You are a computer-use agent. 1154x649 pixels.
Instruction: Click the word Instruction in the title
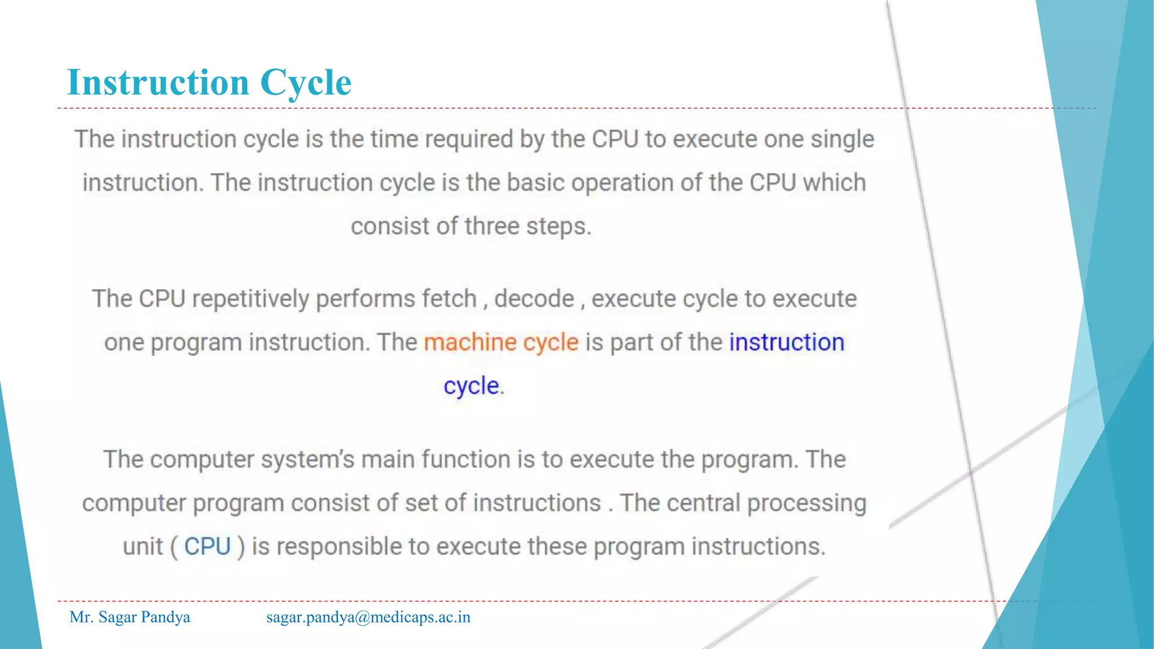pyautogui.click(x=158, y=82)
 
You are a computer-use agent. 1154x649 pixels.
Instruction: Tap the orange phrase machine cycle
pyautogui.click(x=501, y=343)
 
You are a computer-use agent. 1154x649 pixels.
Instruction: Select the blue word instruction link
pyautogui.click(x=786, y=343)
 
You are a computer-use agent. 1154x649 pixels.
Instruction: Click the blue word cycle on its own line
pyautogui.click(x=471, y=386)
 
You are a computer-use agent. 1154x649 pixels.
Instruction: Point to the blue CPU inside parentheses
pyautogui.click(x=207, y=546)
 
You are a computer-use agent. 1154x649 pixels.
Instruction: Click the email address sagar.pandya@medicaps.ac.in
pyautogui.click(x=368, y=617)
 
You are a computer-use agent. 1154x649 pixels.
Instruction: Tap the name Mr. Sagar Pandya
pyautogui.click(x=130, y=617)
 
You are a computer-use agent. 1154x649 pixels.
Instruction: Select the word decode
pyautogui.click(x=534, y=299)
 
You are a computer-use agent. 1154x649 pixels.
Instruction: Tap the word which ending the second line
pyautogui.click(x=834, y=183)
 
